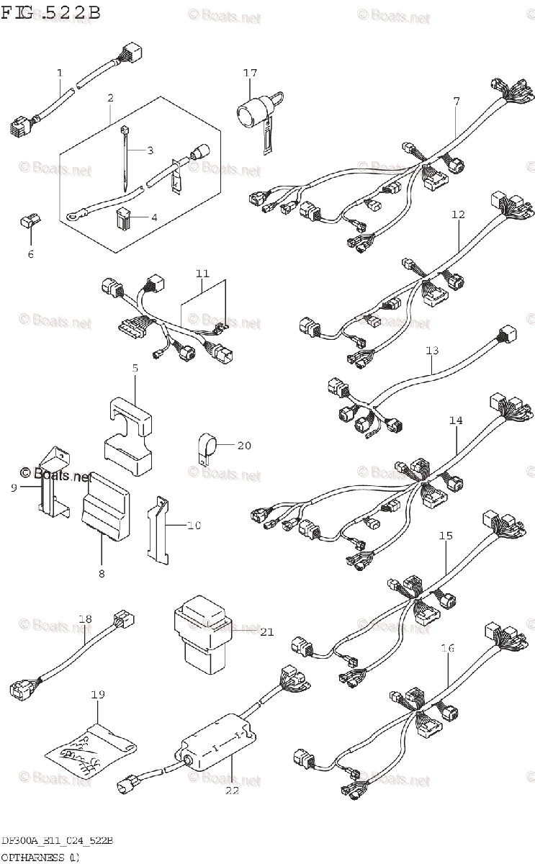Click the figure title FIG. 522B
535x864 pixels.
pos(50,12)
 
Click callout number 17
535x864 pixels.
pos(250,73)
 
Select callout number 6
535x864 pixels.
pos(30,253)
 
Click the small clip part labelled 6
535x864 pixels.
pos(30,222)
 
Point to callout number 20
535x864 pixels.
pos(244,446)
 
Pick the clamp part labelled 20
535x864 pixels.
pos(207,446)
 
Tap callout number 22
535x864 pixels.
pos(232,791)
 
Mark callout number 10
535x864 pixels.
pos(194,526)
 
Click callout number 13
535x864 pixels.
pos(431,351)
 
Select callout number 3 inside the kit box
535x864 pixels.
pos(150,150)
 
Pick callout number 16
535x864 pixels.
pos(447,648)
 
